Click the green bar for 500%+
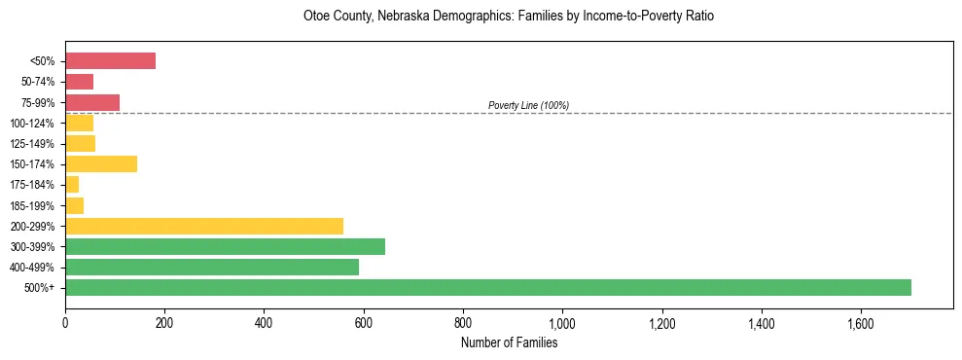[487, 287]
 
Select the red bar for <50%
[110, 60]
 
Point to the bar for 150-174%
[101, 163]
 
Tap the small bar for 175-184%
[72, 184]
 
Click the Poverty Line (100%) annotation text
[528, 105]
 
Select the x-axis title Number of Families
[509, 342]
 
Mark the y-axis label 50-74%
[38, 82]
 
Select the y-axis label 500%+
[41, 287]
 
